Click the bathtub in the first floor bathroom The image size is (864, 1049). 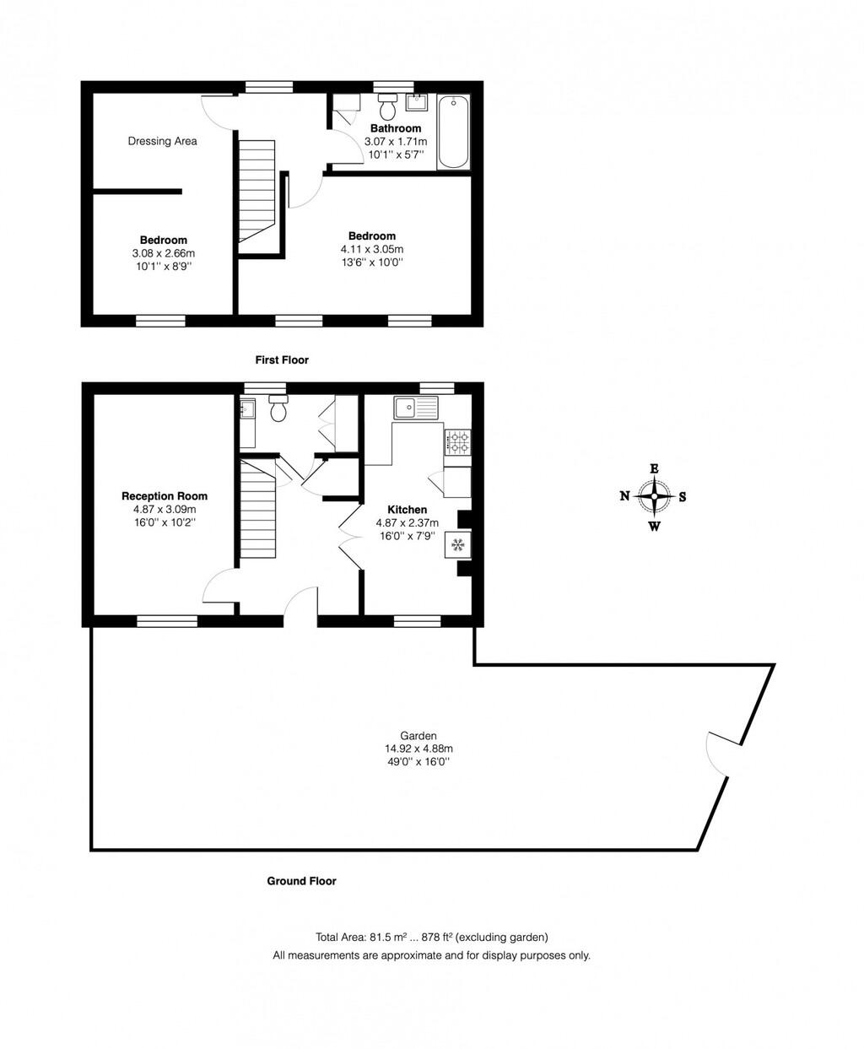[x=454, y=132]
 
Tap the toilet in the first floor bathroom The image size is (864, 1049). [x=388, y=107]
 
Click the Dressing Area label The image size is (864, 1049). [x=163, y=141]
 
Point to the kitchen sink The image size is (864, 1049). [x=416, y=408]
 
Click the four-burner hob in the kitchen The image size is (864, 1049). [x=457, y=441]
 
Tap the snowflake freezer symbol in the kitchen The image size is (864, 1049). [x=459, y=545]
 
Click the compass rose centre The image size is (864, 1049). [x=654, y=496]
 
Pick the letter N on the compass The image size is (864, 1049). [x=624, y=496]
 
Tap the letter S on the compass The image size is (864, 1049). [x=682, y=496]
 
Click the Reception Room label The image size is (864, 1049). [x=165, y=496]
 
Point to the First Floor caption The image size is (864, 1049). [x=282, y=360]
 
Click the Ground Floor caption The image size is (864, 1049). [x=301, y=881]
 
